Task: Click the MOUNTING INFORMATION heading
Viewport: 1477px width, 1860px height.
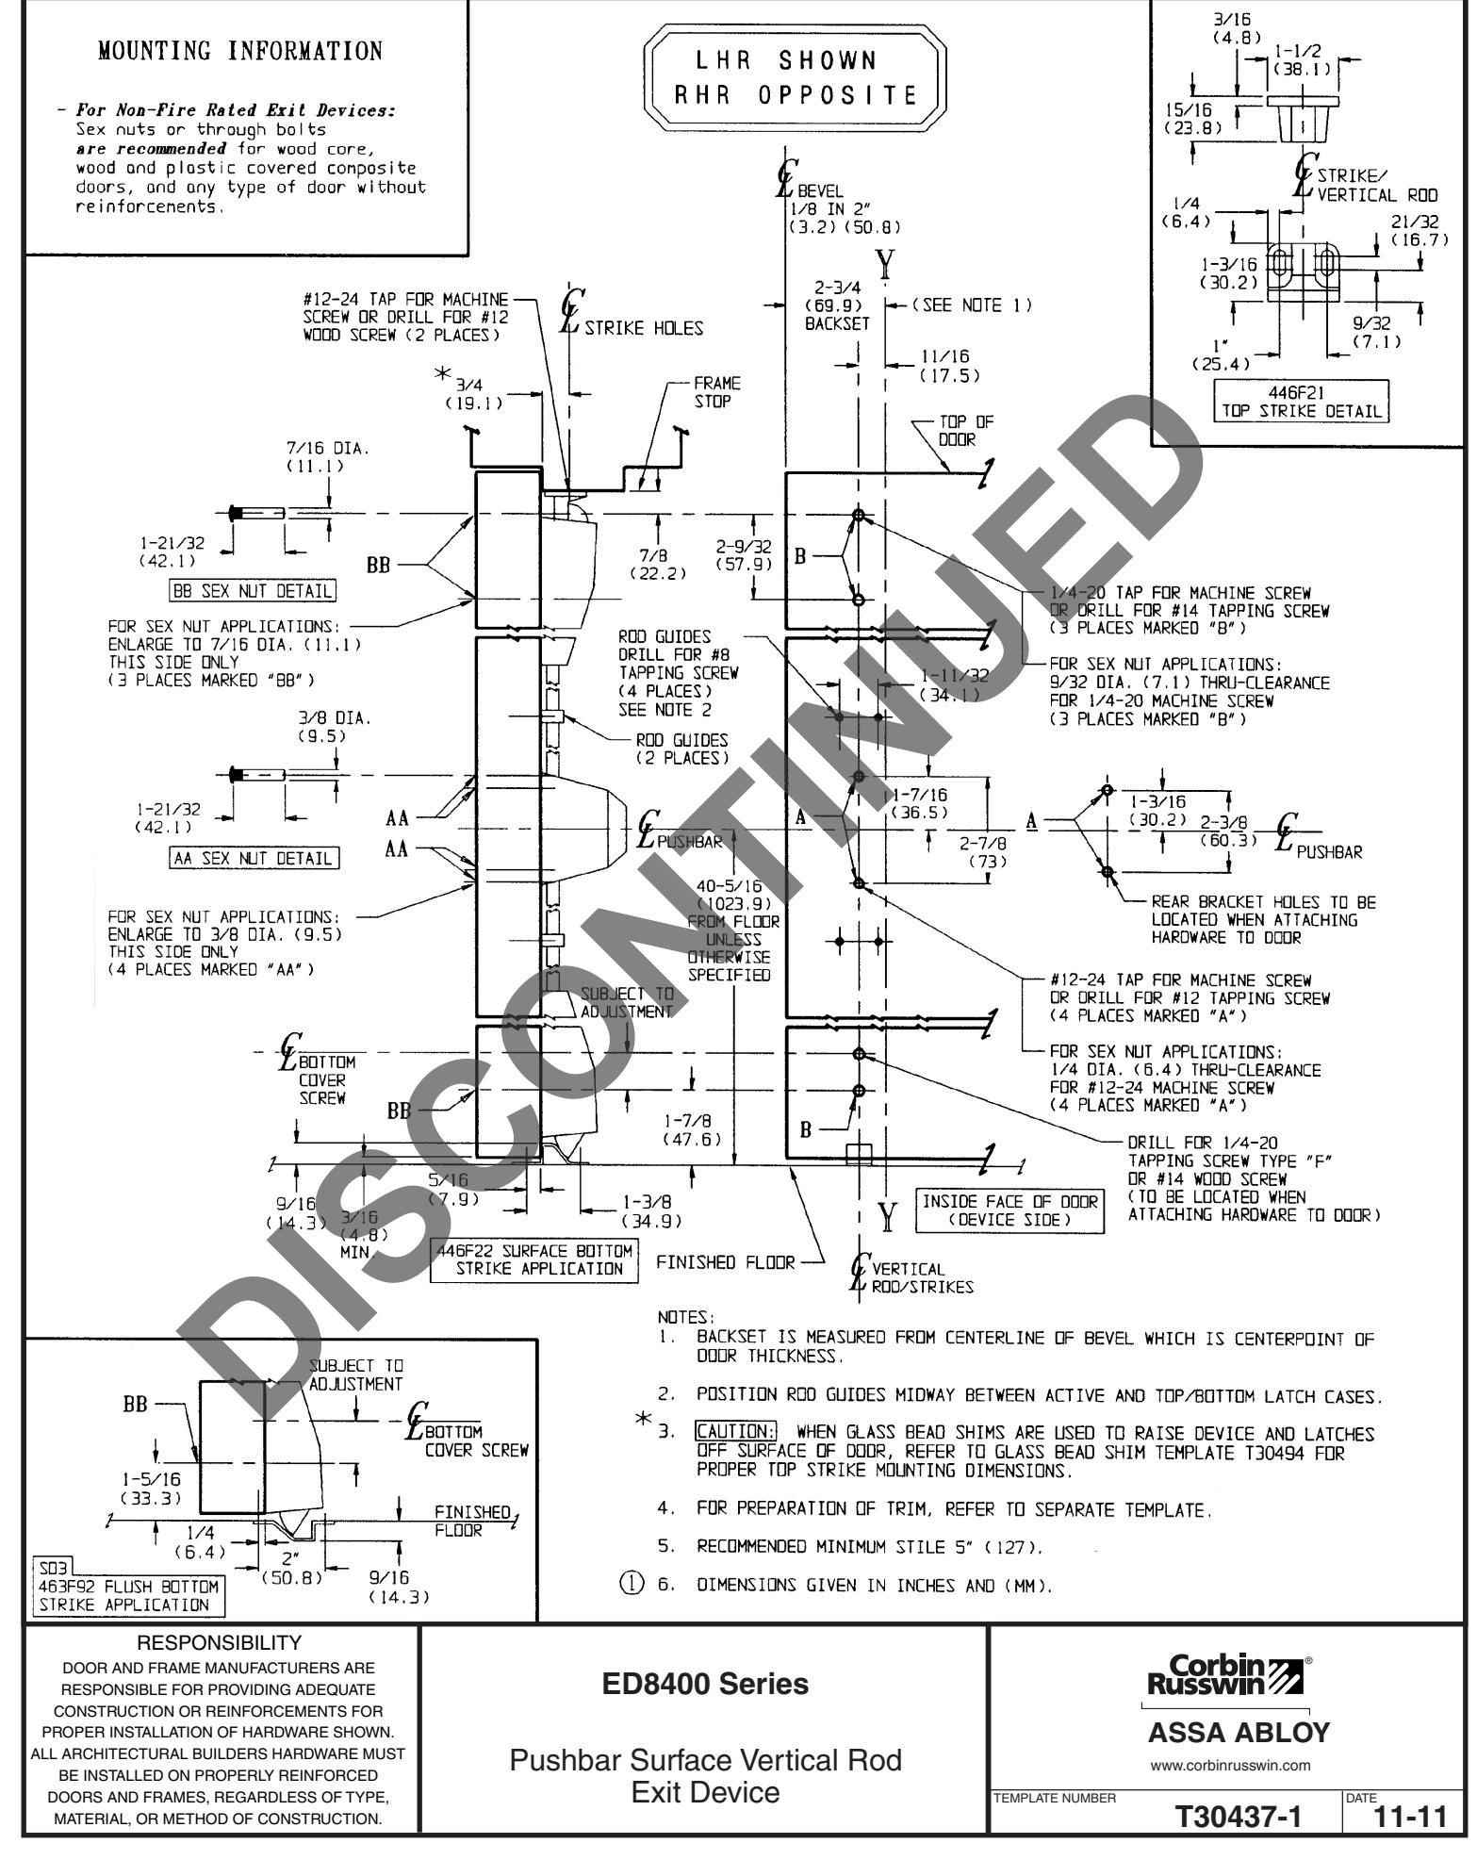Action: [240, 50]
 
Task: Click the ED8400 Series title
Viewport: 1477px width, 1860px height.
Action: [705, 1684]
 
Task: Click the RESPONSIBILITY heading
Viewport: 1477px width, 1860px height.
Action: [222, 1644]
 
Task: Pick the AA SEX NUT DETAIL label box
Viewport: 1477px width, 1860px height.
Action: [252, 858]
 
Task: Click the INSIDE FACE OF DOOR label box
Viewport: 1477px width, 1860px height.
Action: [1009, 1210]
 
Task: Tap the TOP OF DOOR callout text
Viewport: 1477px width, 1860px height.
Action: [965, 430]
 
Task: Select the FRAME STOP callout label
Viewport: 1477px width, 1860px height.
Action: [717, 392]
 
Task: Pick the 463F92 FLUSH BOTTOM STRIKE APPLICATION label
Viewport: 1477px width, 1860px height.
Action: [124, 1597]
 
